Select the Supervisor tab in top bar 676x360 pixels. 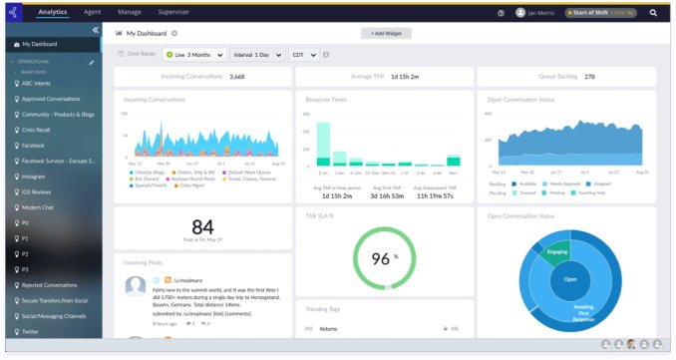pos(172,12)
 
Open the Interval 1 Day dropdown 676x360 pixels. pos(256,54)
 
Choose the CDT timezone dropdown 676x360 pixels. pos(303,54)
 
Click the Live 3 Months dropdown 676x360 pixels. pos(193,54)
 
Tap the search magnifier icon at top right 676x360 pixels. pos(653,13)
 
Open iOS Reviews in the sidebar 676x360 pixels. pos(40,191)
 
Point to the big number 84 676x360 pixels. pos(202,226)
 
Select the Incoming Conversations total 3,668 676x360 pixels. pos(237,76)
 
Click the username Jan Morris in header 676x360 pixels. pos(542,13)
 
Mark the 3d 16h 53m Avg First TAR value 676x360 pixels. pos(387,195)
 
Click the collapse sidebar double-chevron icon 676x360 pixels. pos(95,30)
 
